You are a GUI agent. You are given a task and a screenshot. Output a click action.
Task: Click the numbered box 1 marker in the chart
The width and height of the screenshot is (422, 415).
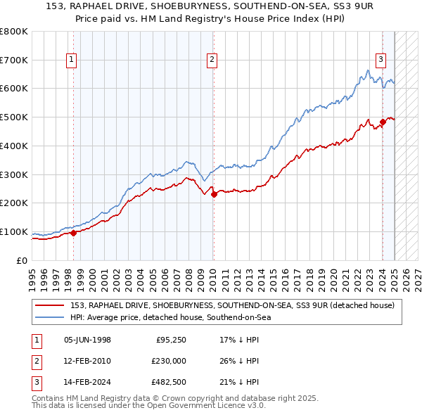click(x=72, y=60)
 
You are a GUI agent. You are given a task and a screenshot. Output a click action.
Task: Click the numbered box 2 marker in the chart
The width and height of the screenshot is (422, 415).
click(x=212, y=60)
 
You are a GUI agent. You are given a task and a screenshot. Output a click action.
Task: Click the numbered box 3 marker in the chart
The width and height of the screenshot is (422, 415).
click(x=381, y=60)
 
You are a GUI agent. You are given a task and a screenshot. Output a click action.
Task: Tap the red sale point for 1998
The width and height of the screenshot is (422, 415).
click(x=73, y=233)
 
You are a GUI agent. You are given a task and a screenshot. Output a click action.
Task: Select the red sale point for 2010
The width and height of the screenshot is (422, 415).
click(x=214, y=194)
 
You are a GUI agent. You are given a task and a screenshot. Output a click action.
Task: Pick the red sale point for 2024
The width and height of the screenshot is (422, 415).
click(x=383, y=122)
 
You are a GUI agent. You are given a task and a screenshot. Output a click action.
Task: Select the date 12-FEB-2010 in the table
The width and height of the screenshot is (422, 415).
click(x=87, y=362)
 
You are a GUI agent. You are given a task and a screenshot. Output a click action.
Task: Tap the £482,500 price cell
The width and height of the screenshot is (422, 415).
click(x=167, y=383)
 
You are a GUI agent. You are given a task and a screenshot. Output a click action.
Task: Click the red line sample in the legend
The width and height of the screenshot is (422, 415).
click(x=50, y=305)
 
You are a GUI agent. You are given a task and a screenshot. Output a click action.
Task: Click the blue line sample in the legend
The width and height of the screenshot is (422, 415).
click(x=50, y=317)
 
